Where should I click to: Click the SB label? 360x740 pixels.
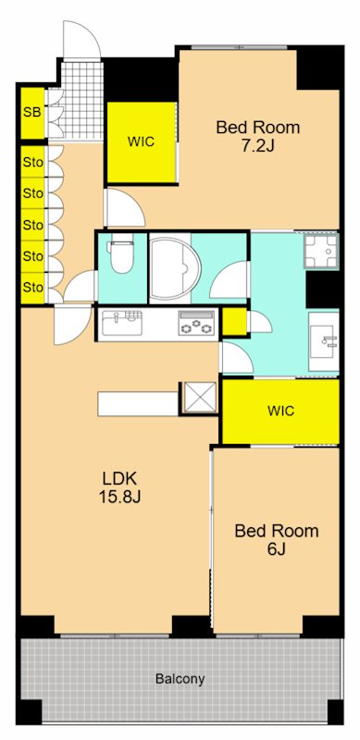(x=32, y=113)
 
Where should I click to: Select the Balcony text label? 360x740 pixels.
(x=180, y=679)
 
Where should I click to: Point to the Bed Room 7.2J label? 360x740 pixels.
(x=258, y=136)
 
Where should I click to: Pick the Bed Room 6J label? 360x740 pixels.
(x=277, y=539)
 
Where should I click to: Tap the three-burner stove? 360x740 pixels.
(x=196, y=324)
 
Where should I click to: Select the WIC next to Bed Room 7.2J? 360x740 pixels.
(x=142, y=142)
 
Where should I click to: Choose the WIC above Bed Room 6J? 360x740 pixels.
(x=280, y=411)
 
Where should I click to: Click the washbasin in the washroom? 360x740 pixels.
(x=324, y=341)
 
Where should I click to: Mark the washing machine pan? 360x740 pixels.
(x=321, y=252)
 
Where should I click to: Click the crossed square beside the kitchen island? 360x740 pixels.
(x=199, y=398)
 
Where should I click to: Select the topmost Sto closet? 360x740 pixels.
(x=32, y=162)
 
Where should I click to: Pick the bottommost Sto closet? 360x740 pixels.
(x=32, y=288)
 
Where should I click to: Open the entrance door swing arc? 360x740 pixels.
(x=83, y=39)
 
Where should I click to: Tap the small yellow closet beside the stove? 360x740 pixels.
(x=234, y=321)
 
